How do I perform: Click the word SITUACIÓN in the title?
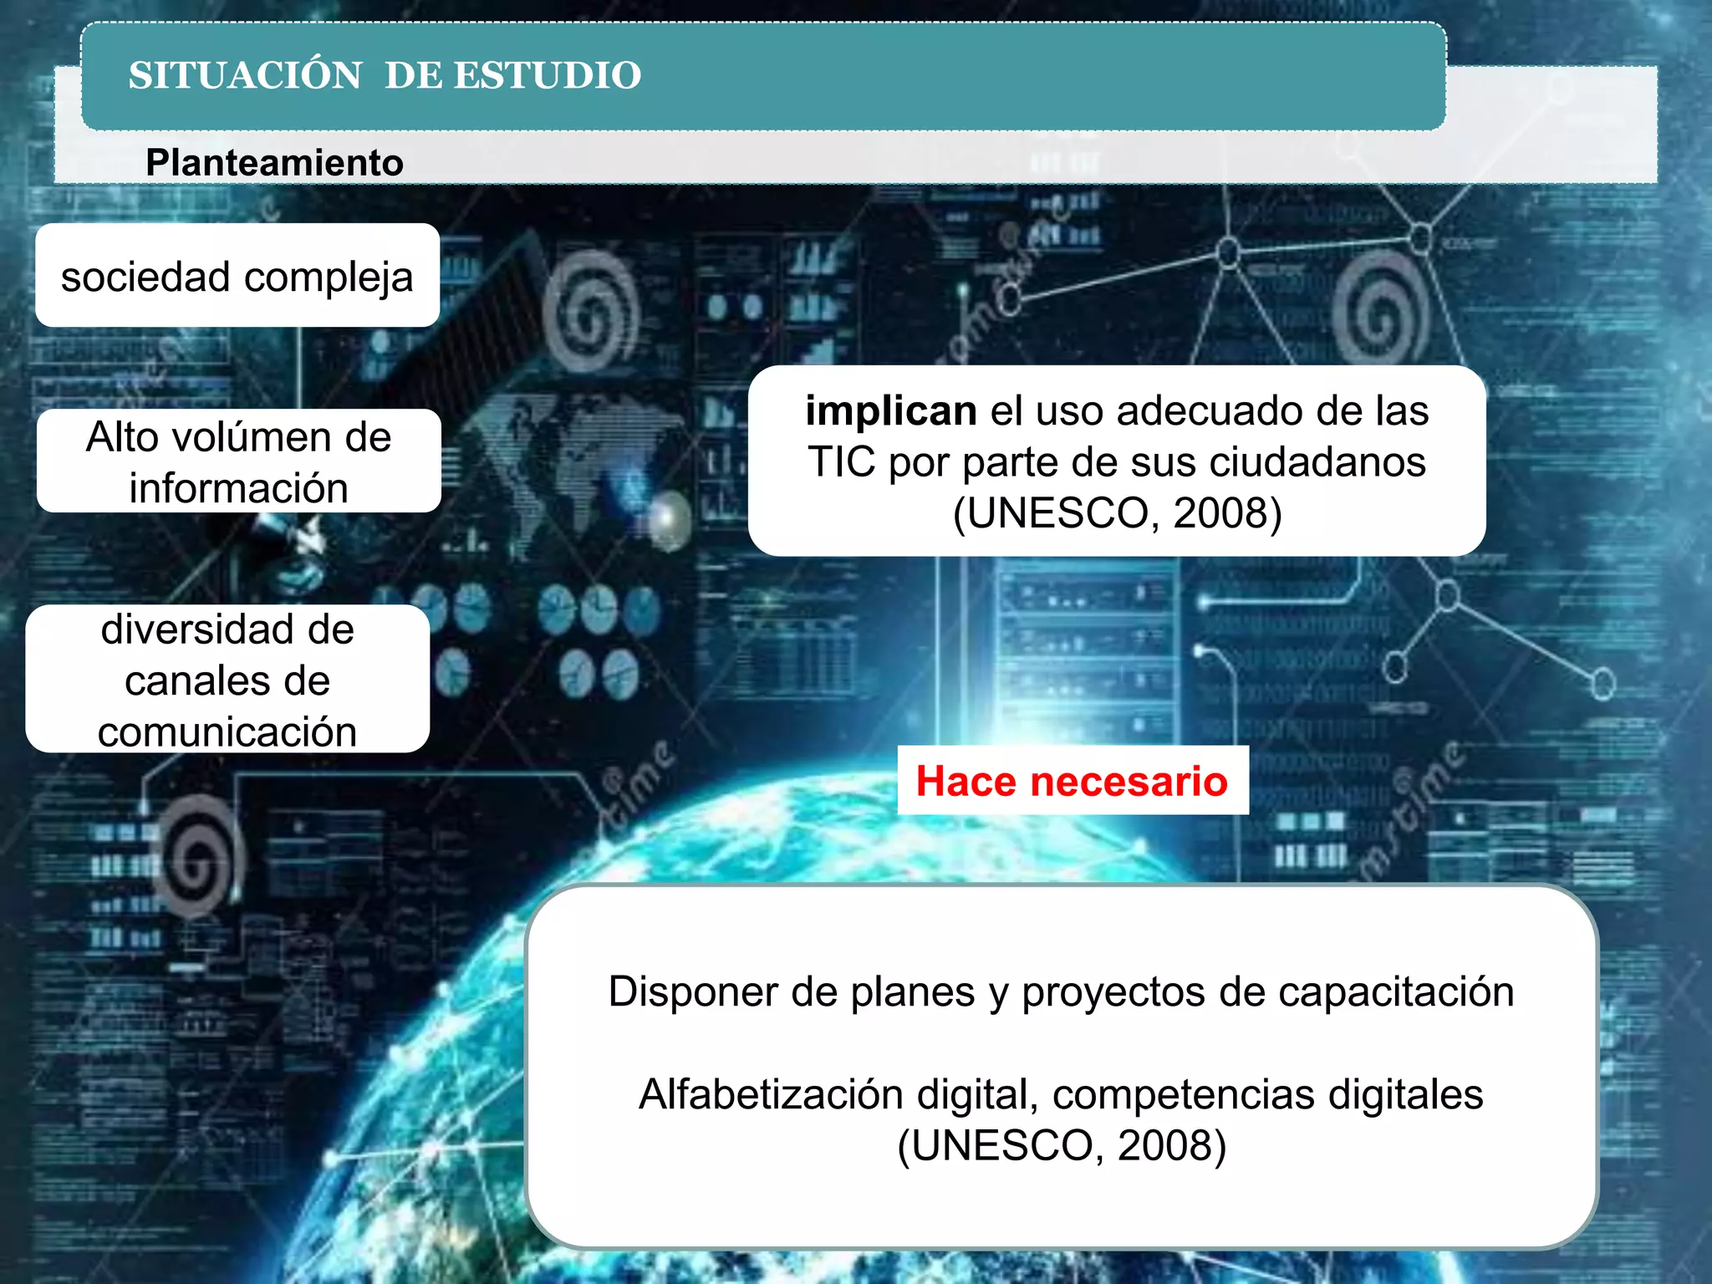(x=245, y=75)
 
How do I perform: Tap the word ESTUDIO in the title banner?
(x=548, y=75)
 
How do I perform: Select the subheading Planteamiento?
(x=274, y=162)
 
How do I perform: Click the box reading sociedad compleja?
(x=237, y=276)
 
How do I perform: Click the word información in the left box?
(x=238, y=488)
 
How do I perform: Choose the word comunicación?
(x=227, y=731)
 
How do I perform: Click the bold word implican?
(x=891, y=410)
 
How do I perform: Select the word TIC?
(x=841, y=461)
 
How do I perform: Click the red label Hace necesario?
(x=1072, y=781)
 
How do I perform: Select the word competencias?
(x=1184, y=1093)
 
